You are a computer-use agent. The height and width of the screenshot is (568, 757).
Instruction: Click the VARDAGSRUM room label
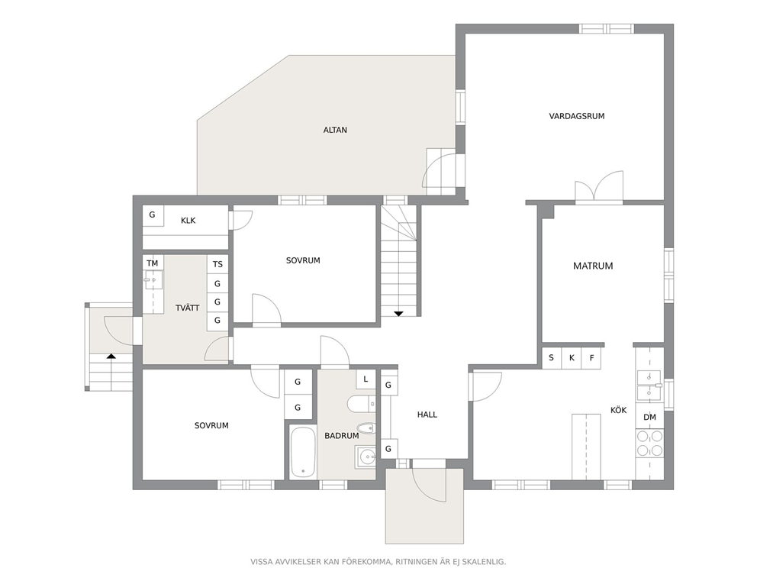tap(576, 116)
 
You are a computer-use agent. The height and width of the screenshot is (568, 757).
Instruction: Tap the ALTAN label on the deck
tap(335, 130)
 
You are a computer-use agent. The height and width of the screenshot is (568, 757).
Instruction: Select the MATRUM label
tap(593, 266)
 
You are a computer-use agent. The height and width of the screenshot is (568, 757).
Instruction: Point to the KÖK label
tap(618, 409)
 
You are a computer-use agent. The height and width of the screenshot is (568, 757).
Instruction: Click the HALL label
tap(427, 415)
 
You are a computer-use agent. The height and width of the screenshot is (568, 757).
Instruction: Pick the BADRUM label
tap(341, 436)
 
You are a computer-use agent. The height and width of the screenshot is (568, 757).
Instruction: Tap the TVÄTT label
tap(187, 308)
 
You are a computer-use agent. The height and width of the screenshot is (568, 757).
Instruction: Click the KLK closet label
tap(188, 221)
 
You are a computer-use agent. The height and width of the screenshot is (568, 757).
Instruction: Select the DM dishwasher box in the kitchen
tap(650, 418)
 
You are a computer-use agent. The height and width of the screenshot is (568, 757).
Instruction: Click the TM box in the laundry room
tap(153, 263)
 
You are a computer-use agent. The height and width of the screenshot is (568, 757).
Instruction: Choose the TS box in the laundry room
tap(217, 264)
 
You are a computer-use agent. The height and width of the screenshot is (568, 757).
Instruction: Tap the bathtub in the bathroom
tap(303, 452)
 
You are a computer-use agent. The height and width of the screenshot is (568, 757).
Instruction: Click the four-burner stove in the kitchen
tap(650, 444)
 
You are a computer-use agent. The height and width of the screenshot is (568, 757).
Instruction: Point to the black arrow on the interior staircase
tap(398, 314)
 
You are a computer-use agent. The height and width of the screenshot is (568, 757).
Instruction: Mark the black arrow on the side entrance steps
tap(111, 356)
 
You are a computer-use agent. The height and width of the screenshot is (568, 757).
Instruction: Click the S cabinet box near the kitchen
tap(551, 358)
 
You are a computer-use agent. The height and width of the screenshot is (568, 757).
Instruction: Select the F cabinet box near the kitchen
tap(591, 358)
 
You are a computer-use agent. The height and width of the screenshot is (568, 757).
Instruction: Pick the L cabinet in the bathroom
tap(366, 379)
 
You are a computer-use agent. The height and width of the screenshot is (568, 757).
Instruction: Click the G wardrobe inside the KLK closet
tap(153, 215)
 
